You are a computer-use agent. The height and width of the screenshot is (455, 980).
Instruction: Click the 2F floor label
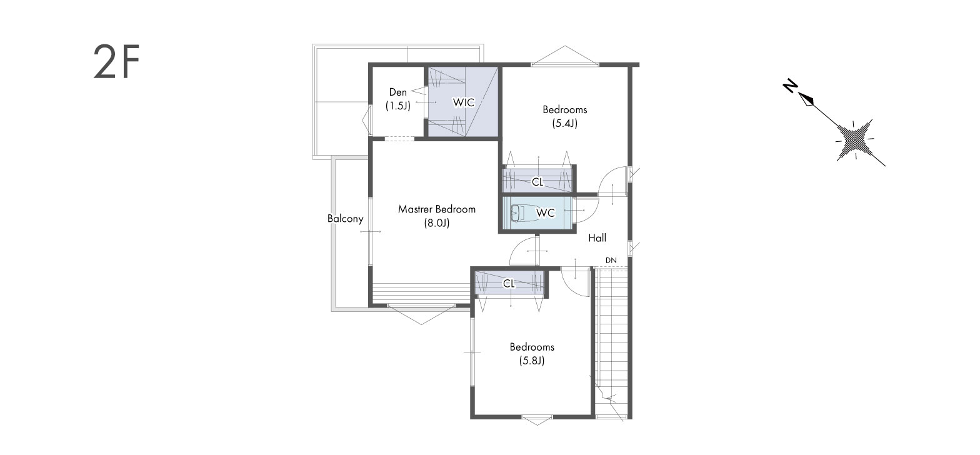click(x=116, y=62)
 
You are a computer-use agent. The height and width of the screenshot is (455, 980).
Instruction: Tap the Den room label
click(x=397, y=92)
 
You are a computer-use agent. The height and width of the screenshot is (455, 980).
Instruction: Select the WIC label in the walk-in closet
click(x=463, y=102)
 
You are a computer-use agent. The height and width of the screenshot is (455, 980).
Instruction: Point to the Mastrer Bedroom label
click(x=437, y=209)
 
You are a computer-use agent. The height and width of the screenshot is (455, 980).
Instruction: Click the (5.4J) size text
click(x=565, y=123)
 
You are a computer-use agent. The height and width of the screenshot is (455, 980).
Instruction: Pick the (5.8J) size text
click(x=532, y=361)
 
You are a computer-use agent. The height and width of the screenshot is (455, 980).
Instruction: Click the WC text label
click(x=546, y=213)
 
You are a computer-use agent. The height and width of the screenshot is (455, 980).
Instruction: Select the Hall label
click(x=597, y=238)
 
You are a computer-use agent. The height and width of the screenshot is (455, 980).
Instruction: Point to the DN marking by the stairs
click(x=611, y=260)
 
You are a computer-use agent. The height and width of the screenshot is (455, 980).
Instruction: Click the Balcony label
click(x=345, y=218)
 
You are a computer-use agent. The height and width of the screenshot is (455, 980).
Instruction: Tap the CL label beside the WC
click(x=537, y=182)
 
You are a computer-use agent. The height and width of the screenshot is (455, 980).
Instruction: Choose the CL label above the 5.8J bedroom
click(x=509, y=284)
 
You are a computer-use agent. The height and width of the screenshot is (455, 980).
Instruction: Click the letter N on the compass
click(x=789, y=86)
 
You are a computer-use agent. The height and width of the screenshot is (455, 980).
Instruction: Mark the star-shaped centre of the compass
click(x=854, y=139)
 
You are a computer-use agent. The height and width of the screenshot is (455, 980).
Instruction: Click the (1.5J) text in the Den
click(x=397, y=106)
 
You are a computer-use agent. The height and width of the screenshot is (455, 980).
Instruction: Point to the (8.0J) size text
click(x=437, y=223)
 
